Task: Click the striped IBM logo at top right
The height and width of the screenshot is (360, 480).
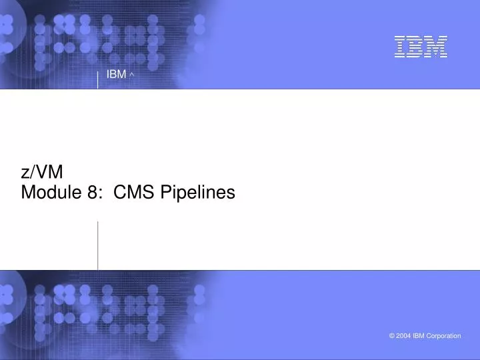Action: click(x=420, y=47)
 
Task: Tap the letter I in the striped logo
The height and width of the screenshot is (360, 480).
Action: click(x=401, y=47)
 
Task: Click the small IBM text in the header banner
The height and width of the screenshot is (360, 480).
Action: click(x=116, y=74)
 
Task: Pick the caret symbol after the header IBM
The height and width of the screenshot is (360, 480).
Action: click(x=133, y=75)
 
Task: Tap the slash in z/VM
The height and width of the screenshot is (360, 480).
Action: click(x=33, y=172)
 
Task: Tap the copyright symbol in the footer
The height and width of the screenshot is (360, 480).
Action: click(x=391, y=336)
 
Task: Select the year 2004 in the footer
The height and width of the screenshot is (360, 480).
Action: click(x=404, y=336)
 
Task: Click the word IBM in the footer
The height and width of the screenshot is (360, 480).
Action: click(x=420, y=336)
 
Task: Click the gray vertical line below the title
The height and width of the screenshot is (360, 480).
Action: click(x=98, y=245)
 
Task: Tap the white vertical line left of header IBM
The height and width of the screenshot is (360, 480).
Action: click(x=98, y=79)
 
